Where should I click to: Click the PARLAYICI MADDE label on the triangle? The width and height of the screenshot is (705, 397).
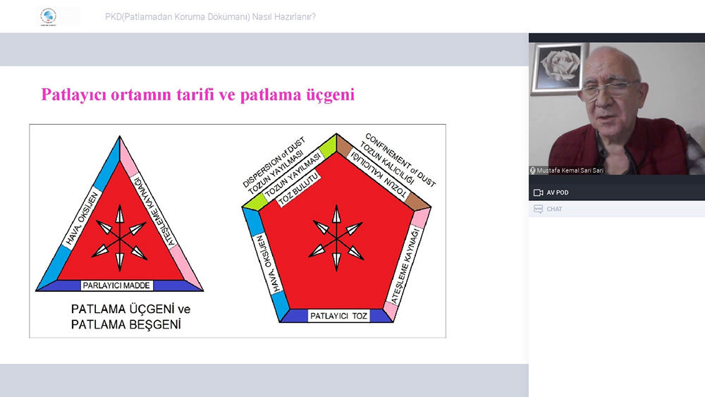click(x=117, y=286)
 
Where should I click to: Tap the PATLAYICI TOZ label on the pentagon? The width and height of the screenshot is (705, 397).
click(x=338, y=316)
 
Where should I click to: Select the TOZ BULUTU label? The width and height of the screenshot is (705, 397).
click(x=298, y=190)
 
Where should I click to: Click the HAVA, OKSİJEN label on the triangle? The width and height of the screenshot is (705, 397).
click(x=82, y=219)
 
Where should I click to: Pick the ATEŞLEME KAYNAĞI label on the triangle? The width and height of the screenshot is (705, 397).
click(x=154, y=210)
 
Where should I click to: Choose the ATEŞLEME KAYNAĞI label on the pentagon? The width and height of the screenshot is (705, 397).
click(x=405, y=265)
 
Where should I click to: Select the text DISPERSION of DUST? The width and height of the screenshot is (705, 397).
click(x=273, y=162)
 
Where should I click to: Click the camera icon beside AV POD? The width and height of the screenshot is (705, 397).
click(x=538, y=193)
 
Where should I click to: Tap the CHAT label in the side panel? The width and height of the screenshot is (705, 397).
click(x=554, y=209)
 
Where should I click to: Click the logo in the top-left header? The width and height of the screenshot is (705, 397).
click(x=48, y=17)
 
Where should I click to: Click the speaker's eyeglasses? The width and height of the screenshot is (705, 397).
click(x=610, y=89)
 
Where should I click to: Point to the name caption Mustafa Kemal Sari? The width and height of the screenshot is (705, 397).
click(x=570, y=171)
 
